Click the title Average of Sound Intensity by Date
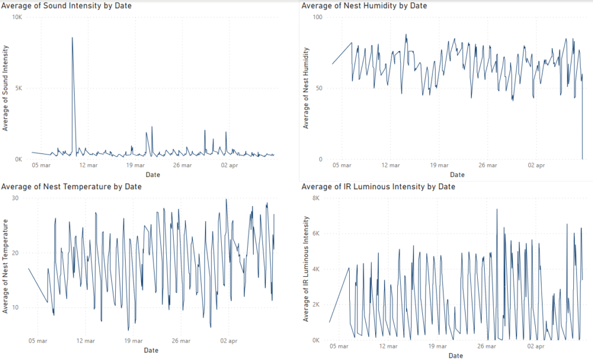pyautogui.click(x=67, y=6)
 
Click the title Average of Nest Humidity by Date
pyautogui.click(x=364, y=6)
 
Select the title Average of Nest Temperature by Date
pyautogui.click(x=71, y=186)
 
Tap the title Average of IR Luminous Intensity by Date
pyautogui.click(x=378, y=186)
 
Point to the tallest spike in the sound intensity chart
pyautogui.click(x=72, y=38)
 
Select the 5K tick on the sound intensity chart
pyautogui.click(x=18, y=89)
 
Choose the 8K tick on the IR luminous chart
pyautogui.click(x=316, y=198)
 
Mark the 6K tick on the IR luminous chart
pyautogui.click(x=316, y=233)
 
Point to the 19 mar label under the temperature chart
pyautogui.click(x=133, y=341)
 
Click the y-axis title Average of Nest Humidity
pyautogui.click(x=307, y=88)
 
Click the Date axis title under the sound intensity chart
pyautogui.click(x=153, y=174)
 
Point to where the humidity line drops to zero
pyautogui.click(x=582, y=158)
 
